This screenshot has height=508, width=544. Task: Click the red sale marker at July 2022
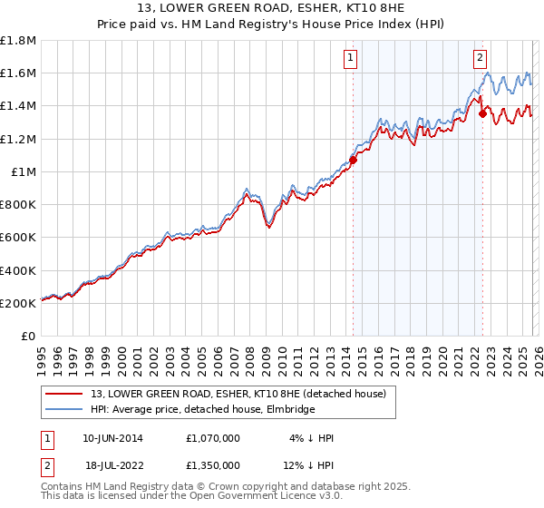tap(482, 114)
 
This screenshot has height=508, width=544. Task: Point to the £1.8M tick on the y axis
tap(19, 41)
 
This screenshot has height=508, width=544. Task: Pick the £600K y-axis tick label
tap(19, 238)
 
